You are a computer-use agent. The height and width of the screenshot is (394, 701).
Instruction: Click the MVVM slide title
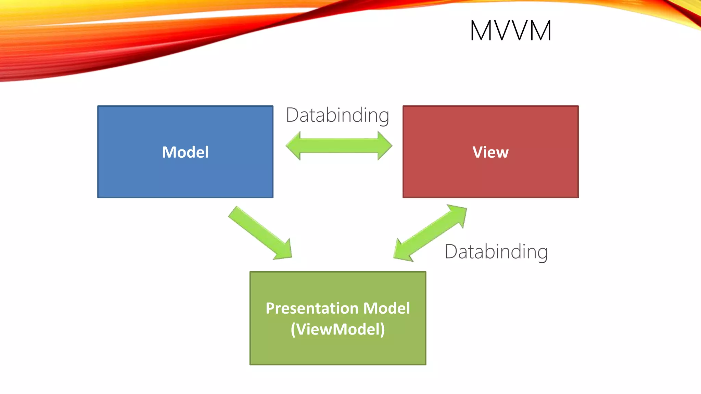click(510, 31)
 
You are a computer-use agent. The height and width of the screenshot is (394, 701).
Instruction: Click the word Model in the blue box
click(185, 152)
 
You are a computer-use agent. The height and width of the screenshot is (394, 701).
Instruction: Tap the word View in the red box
click(490, 152)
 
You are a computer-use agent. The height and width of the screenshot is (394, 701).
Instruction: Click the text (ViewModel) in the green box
click(338, 329)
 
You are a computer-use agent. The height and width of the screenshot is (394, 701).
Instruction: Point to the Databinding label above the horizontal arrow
click(337, 115)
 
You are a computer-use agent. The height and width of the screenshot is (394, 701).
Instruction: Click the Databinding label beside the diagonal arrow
click(496, 252)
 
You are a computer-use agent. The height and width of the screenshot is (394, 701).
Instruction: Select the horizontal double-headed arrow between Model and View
click(339, 146)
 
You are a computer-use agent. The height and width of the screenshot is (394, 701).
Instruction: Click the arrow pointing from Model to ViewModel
click(258, 232)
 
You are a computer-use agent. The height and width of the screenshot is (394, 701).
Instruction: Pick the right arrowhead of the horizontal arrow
click(385, 146)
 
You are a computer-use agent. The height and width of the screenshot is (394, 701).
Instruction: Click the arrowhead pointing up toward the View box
click(459, 213)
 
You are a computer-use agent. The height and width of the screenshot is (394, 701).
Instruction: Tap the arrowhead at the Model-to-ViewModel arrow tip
click(284, 251)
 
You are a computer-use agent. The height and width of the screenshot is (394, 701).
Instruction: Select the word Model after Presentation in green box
click(386, 308)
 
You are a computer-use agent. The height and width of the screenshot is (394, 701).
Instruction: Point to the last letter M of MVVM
click(540, 31)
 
